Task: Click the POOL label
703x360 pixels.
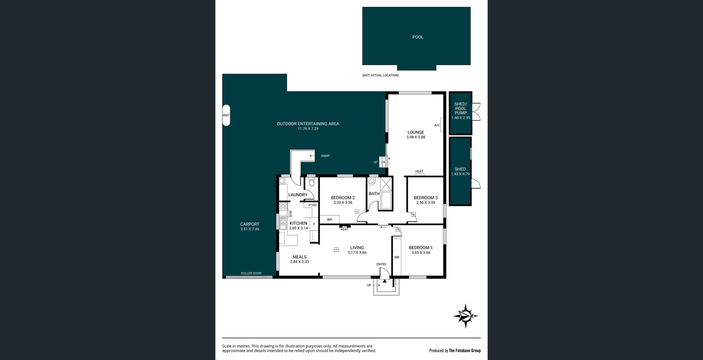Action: pos(418,37)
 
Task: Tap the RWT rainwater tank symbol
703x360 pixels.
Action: pos(226,115)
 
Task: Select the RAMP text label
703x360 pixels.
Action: pos(325,156)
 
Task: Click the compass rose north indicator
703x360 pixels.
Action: pos(466,316)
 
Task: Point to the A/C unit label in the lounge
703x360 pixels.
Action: pos(437,125)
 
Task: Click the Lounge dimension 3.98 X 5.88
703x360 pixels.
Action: pos(416,137)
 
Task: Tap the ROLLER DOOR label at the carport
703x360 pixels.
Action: pos(251,273)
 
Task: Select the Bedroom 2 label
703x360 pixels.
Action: pos(343,198)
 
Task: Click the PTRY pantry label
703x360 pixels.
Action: pos(312,205)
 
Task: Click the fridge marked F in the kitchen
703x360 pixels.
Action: pos(314,224)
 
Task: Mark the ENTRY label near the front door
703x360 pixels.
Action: pos(381,264)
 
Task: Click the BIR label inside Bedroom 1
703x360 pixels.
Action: pos(397,257)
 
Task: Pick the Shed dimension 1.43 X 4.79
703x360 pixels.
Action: pos(460,174)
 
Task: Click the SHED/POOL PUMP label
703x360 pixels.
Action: pos(461,108)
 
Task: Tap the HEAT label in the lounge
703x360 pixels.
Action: pos(419,171)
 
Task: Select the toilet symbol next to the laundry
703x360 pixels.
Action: pos(312,182)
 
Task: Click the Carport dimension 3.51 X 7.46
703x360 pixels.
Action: pos(250,229)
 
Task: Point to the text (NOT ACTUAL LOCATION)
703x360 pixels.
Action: pos(380,75)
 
